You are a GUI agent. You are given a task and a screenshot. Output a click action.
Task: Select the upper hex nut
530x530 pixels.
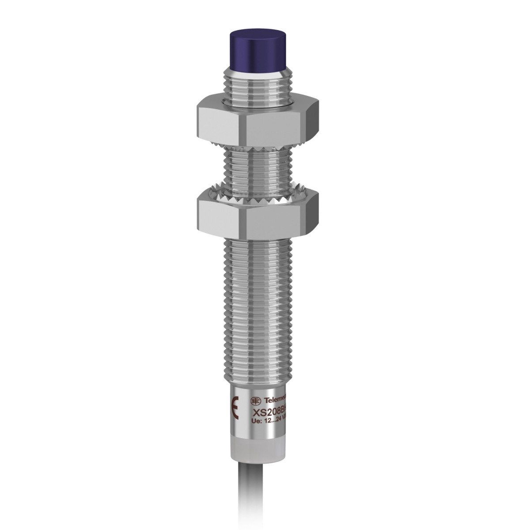[256, 117]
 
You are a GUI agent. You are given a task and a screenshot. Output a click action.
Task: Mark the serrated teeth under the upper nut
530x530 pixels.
[256, 145]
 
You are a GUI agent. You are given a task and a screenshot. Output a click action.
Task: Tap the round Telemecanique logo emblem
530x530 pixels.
[256, 401]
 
